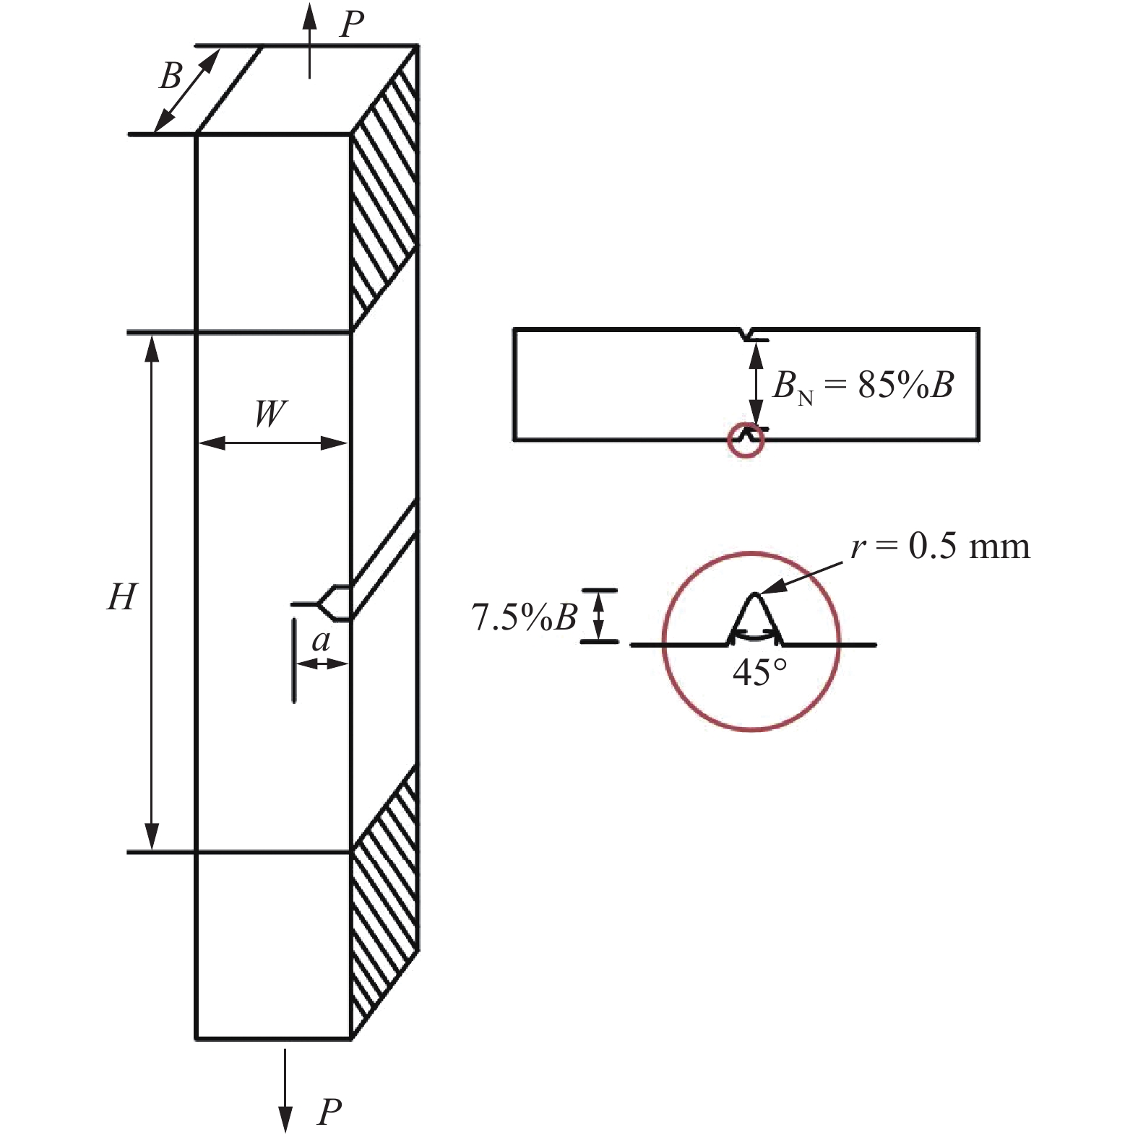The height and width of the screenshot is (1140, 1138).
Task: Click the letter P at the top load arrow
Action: pyautogui.click(x=352, y=23)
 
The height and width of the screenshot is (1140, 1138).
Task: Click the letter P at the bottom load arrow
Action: pyautogui.click(x=329, y=1112)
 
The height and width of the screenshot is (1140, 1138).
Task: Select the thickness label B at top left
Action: pyautogui.click(x=171, y=76)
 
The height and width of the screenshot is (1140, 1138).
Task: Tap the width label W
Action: pyautogui.click(x=270, y=414)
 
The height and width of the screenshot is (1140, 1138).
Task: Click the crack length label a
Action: pyautogui.click(x=321, y=640)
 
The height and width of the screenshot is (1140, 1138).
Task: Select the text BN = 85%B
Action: pyautogui.click(x=863, y=385)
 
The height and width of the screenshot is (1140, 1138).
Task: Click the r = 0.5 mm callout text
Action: pyautogui.click(x=940, y=546)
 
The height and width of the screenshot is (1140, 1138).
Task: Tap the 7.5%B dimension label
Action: pyautogui.click(x=524, y=617)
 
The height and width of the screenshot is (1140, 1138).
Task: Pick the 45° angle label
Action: pyautogui.click(x=759, y=673)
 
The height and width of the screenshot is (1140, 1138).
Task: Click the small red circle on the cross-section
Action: pyautogui.click(x=746, y=440)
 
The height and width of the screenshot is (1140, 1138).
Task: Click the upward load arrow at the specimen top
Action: pyautogui.click(x=310, y=40)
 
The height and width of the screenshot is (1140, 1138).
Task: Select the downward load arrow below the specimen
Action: pyautogui.click(x=285, y=1090)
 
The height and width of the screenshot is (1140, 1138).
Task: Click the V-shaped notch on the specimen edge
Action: pyautogui.click(x=332, y=603)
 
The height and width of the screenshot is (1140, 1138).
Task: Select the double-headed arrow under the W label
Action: pyautogui.click(x=273, y=443)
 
